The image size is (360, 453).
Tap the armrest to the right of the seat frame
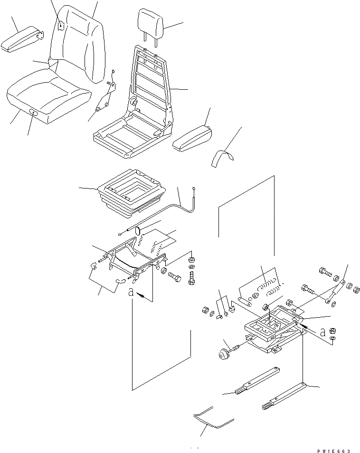[193, 137]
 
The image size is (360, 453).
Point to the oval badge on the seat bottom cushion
[34, 113]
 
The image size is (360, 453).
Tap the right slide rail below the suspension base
[283, 396]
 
